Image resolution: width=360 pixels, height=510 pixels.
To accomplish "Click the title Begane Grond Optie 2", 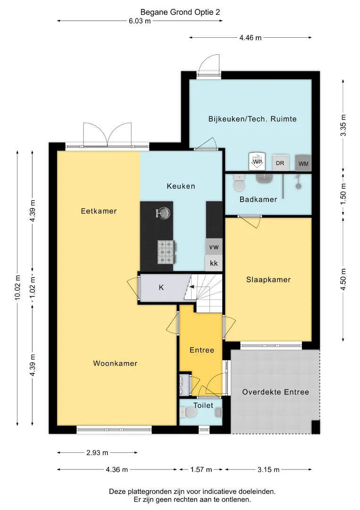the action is (x=180, y=12).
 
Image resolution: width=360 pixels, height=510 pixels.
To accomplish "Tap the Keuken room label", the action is (x=181, y=187).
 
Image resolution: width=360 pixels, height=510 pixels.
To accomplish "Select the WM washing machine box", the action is (x=303, y=163).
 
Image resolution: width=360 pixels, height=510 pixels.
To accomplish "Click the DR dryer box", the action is (x=280, y=162).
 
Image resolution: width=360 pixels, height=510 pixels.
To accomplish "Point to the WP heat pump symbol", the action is (x=257, y=161).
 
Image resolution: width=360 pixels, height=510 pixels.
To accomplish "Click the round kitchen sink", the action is (x=163, y=213).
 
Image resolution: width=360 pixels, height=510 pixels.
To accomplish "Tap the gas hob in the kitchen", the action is (x=167, y=252).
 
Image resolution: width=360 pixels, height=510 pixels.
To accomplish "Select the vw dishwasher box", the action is (x=214, y=247).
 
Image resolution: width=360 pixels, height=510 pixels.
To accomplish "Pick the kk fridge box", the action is (x=214, y=263).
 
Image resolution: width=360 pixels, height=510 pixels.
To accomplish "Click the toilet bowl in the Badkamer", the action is (x=240, y=184).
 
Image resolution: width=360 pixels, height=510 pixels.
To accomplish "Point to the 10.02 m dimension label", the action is (x=17, y=288).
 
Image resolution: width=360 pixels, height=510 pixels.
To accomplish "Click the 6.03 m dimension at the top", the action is (x=140, y=21).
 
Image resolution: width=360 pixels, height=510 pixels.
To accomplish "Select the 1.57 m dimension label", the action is (x=201, y=469).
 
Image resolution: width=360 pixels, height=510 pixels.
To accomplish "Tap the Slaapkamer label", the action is (x=268, y=280).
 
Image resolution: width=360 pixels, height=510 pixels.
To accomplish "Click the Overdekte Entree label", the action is (x=276, y=392).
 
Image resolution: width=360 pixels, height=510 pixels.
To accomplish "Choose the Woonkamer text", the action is (x=115, y=363).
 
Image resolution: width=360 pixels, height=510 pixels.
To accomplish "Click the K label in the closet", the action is (x=161, y=288).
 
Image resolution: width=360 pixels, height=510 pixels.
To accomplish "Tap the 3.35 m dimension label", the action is (x=343, y=125).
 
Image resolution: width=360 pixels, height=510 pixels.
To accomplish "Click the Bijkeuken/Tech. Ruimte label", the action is (x=252, y=119).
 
